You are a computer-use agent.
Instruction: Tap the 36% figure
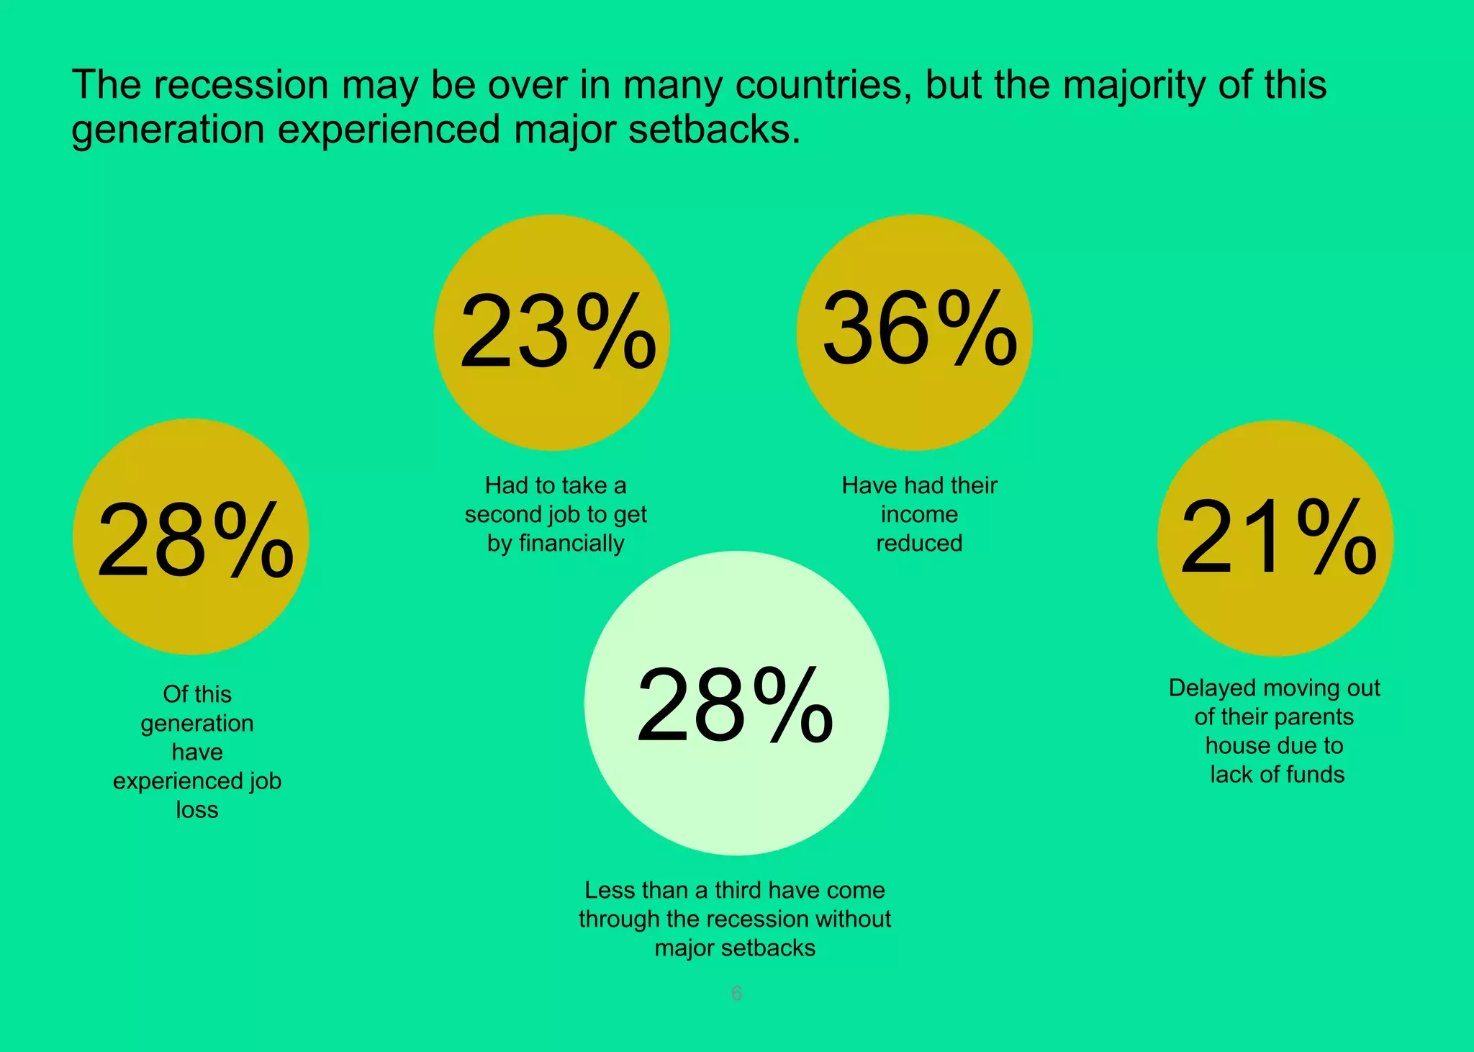click(x=919, y=328)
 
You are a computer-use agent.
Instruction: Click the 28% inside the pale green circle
click(x=735, y=705)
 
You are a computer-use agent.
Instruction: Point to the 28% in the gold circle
click(x=195, y=541)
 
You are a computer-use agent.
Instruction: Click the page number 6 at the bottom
click(x=736, y=994)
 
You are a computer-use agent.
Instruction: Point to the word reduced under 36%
click(x=919, y=543)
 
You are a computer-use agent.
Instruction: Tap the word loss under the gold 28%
click(x=197, y=810)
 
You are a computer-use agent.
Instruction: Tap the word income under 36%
click(x=919, y=514)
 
